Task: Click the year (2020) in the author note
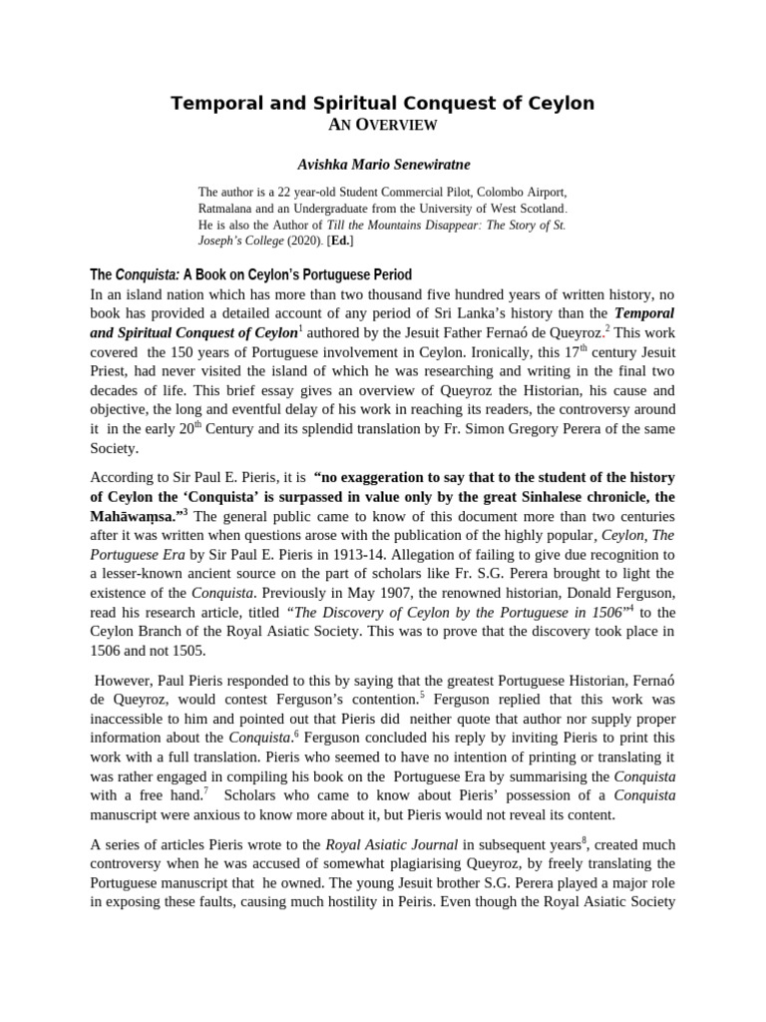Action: coord(294,242)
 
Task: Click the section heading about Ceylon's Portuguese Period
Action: coord(250,274)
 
